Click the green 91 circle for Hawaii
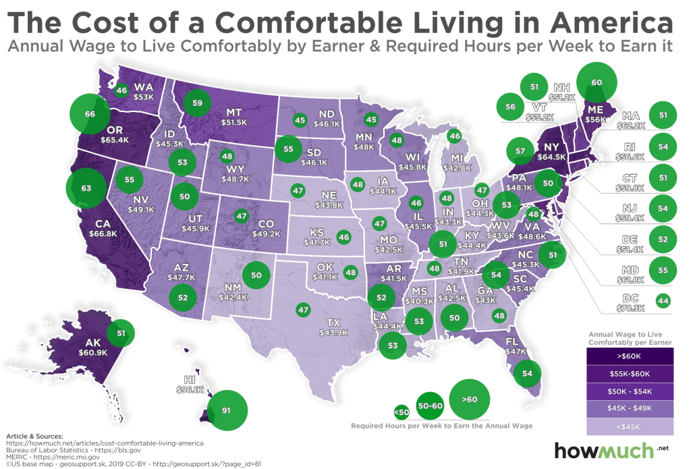[x=226, y=409]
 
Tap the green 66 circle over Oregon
[x=89, y=115]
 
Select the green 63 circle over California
[x=86, y=188]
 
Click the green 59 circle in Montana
[x=197, y=103]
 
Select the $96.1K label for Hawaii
[x=190, y=389]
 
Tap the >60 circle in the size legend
[x=470, y=399]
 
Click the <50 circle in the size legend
[x=401, y=411]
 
